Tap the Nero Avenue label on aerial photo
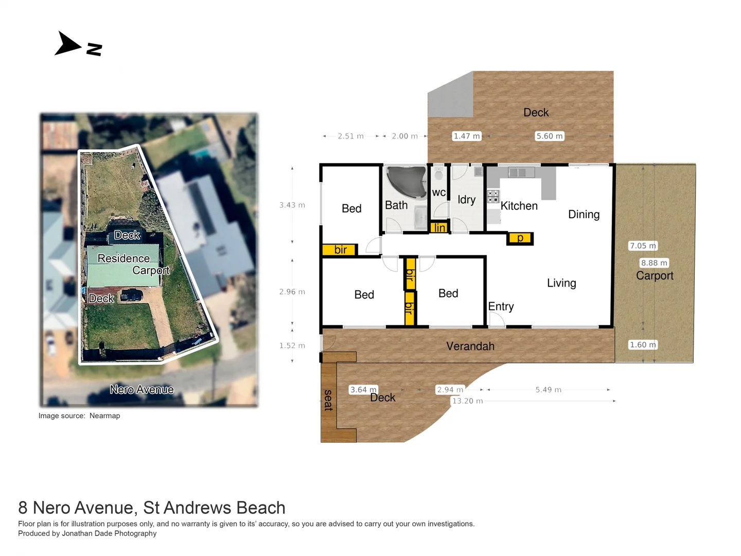pos(142,390)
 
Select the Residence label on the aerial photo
pos(123,258)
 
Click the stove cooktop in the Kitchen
pos(493,196)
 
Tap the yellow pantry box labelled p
pos(520,238)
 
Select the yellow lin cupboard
pos(439,228)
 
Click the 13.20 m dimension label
pos(467,401)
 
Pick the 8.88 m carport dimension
pos(654,263)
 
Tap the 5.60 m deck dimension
pos(549,136)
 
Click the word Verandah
pos(470,346)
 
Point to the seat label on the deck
pos(328,400)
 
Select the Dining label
pos(584,214)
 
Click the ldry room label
pos(466,200)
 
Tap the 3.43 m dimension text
pos(292,205)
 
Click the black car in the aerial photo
pos(132,296)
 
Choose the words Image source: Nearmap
pos(79,416)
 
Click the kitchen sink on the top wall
pos(518,172)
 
